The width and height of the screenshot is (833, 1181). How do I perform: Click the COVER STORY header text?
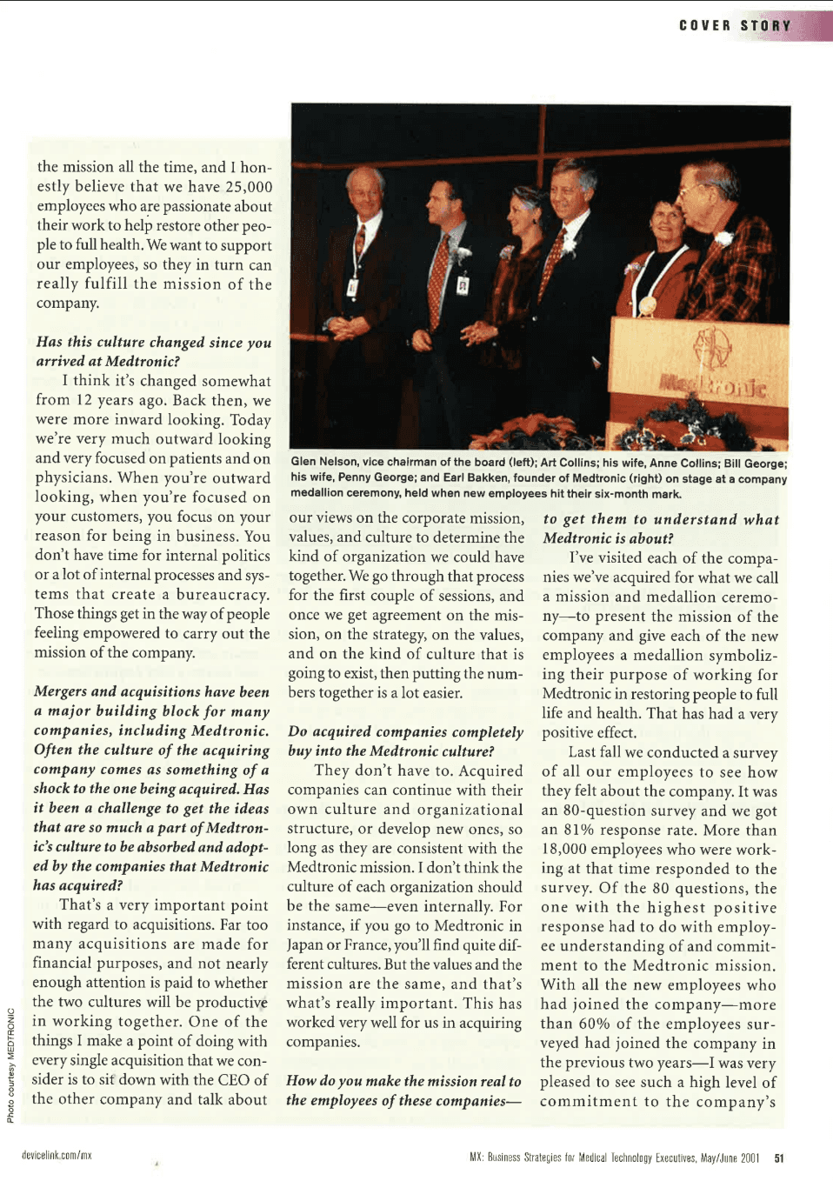(735, 26)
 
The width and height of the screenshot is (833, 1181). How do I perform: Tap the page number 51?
(779, 1158)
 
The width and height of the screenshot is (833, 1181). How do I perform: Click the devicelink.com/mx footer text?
(57, 1156)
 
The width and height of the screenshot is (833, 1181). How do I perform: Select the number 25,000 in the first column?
(249, 187)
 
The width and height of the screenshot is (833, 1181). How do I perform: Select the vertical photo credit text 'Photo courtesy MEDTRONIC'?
(10, 1064)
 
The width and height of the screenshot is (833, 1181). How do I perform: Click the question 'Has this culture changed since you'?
(153, 343)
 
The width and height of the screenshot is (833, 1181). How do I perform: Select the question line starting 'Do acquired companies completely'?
(405, 732)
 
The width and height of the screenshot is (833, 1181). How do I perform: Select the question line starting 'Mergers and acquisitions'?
(151, 692)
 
